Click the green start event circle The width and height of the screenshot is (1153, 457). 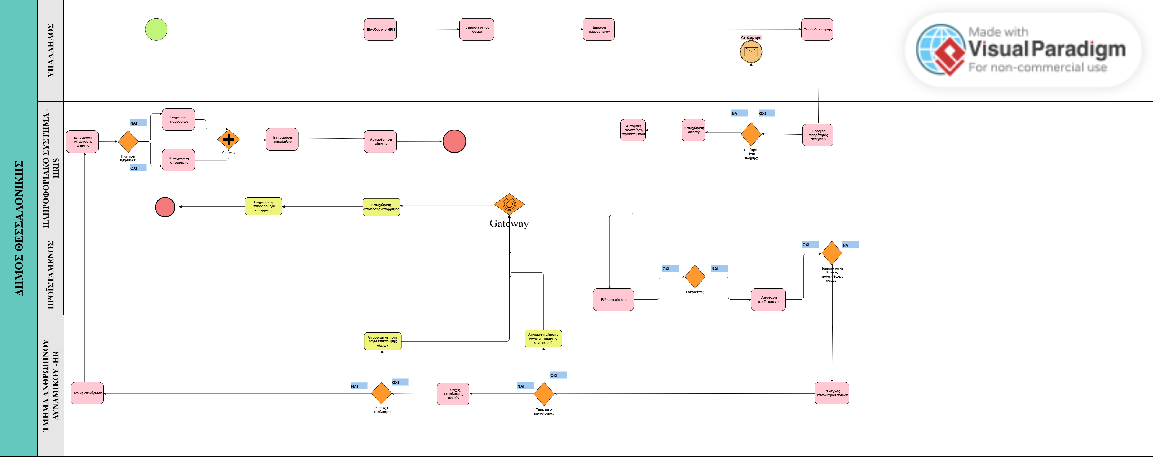pyautogui.click(x=156, y=30)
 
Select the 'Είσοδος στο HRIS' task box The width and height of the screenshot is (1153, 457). pyautogui.click(x=380, y=30)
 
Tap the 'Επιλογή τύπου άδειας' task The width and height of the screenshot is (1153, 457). pyautogui.click(x=476, y=30)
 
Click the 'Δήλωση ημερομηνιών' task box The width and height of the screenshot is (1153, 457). pyautogui.click(x=598, y=30)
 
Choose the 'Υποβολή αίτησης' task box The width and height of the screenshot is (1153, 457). pyautogui.click(x=817, y=30)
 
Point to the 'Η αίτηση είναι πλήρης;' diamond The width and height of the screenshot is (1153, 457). pyautogui.click(x=751, y=133)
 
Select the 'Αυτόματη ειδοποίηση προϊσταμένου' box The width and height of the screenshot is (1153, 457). pyautogui.click(x=633, y=130)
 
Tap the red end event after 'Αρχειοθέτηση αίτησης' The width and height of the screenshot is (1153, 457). pyautogui.click(x=454, y=141)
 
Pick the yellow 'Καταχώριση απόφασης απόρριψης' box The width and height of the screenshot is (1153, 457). pyautogui.click(x=381, y=207)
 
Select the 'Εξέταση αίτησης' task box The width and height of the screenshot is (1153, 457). pyautogui.click(x=613, y=299)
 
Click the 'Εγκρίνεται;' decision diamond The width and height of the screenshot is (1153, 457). pyautogui.click(x=695, y=277)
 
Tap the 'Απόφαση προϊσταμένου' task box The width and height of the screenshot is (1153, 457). pyautogui.click(x=768, y=299)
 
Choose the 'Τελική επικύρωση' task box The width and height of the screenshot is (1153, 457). pyautogui.click(x=87, y=393)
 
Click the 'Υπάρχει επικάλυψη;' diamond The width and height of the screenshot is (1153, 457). pyautogui.click(x=381, y=393)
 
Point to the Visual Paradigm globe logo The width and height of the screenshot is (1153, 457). pyautogui.click(x=940, y=49)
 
